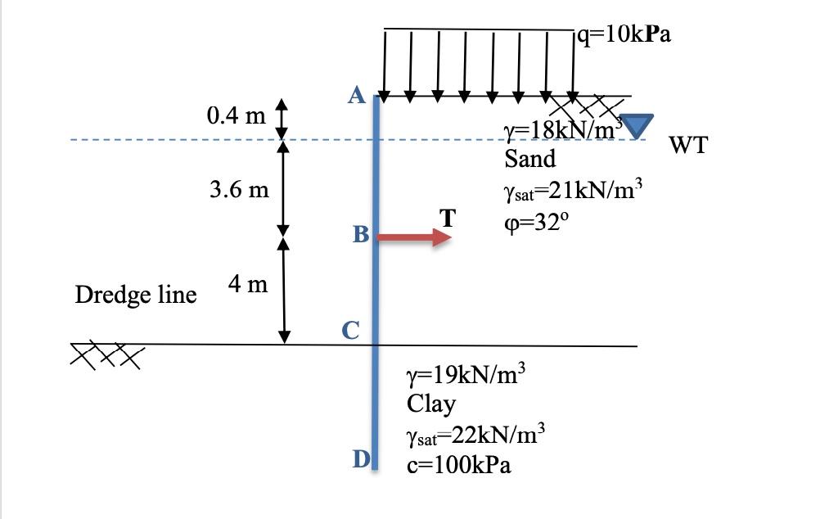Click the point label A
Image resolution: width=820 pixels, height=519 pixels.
tap(356, 96)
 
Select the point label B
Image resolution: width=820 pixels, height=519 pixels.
tap(361, 236)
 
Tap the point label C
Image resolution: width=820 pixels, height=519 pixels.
tap(350, 330)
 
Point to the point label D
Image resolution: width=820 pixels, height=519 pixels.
tap(361, 460)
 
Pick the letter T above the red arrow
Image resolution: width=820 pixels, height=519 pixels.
tap(447, 219)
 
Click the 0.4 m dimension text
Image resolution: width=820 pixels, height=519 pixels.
tap(237, 115)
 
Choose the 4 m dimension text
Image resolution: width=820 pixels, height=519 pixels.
tap(248, 285)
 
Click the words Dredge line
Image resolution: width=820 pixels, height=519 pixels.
tap(136, 295)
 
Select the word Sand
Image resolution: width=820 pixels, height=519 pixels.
tap(529, 158)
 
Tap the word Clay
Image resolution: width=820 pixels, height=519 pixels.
tap(431, 404)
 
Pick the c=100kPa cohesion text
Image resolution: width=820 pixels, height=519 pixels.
tap(458, 466)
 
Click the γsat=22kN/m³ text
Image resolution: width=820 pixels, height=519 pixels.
tap(470, 435)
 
